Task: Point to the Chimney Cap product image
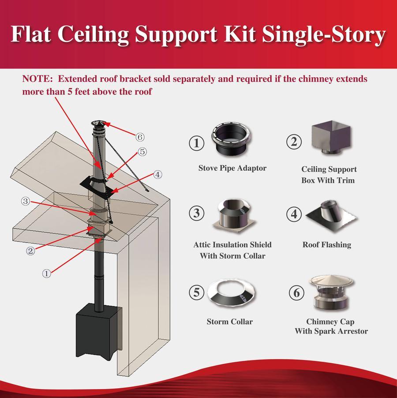click(330, 294)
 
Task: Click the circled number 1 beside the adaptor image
click(197, 143)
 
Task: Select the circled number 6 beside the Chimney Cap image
click(296, 293)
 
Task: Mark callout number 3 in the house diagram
click(26, 201)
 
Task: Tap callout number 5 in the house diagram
click(142, 151)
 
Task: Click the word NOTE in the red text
click(37, 79)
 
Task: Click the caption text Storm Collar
click(229, 322)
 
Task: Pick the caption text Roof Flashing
click(326, 244)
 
